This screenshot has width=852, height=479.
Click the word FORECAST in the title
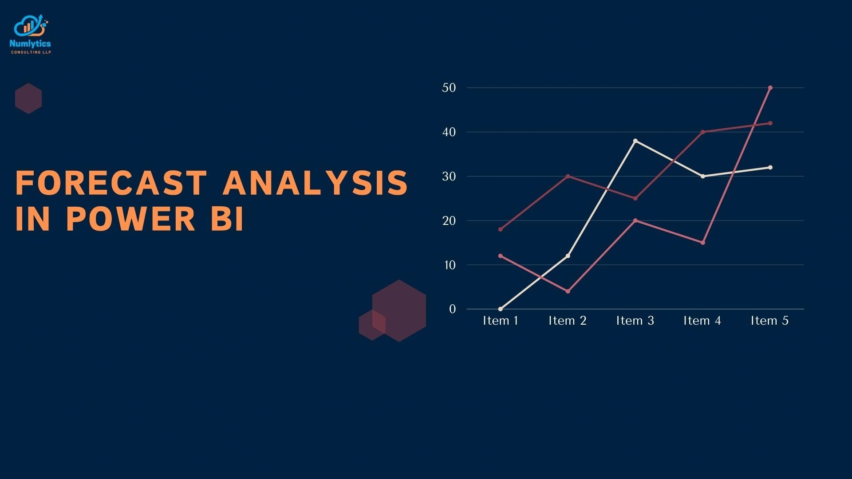tap(111, 183)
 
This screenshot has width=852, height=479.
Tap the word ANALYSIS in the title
tap(315, 183)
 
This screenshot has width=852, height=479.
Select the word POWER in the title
tap(130, 219)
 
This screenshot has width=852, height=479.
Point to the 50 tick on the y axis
tap(449, 88)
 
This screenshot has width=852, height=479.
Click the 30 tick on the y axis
tap(449, 177)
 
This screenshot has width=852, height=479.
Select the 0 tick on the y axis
tap(452, 309)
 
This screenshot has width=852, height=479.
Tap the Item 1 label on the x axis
tap(501, 321)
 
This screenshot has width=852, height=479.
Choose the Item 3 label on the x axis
tap(635, 321)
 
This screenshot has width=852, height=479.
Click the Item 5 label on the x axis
tap(769, 321)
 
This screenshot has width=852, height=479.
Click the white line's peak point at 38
tap(635, 141)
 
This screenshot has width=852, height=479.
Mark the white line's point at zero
tap(501, 309)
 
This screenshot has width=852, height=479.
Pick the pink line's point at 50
tap(770, 88)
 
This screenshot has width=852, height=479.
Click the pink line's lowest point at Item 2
tap(568, 291)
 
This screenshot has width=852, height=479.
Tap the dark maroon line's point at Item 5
tap(770, 123)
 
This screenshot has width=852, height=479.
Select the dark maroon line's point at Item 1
tap(501, 229)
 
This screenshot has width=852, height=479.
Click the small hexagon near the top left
tap(28, 98)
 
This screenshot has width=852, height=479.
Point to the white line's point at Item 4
tap(702, 177)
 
